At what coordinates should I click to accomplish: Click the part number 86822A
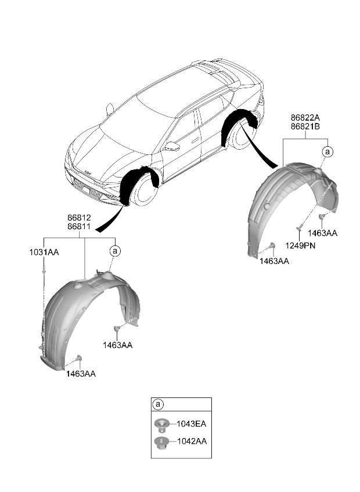[x=305, y=118]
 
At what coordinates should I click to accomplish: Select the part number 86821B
[x=305, y=126]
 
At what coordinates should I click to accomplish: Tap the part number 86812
[x=79, y=218]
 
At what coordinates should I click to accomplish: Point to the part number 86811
[x=79, y=226]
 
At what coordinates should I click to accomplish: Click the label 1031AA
[x=44, y=252]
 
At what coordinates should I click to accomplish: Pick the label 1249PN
[x=300, y=245]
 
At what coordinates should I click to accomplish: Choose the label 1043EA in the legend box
[x=191, y=424]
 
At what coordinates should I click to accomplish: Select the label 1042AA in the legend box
[x=192, y=441]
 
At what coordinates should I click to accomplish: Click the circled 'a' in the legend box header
[x=158, y=404]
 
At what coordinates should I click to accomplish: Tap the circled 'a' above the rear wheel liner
[x=327, y=152]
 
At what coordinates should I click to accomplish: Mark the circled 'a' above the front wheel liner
[x=115, y=251]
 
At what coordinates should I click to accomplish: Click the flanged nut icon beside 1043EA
[x=162, y=424]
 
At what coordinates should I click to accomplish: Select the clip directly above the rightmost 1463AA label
[x=321, y=216]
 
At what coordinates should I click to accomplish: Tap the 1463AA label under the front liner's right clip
[x=117, y=345]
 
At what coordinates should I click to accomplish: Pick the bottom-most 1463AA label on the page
[x=81, y=374]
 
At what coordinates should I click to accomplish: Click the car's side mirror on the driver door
[x=172, y=146]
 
